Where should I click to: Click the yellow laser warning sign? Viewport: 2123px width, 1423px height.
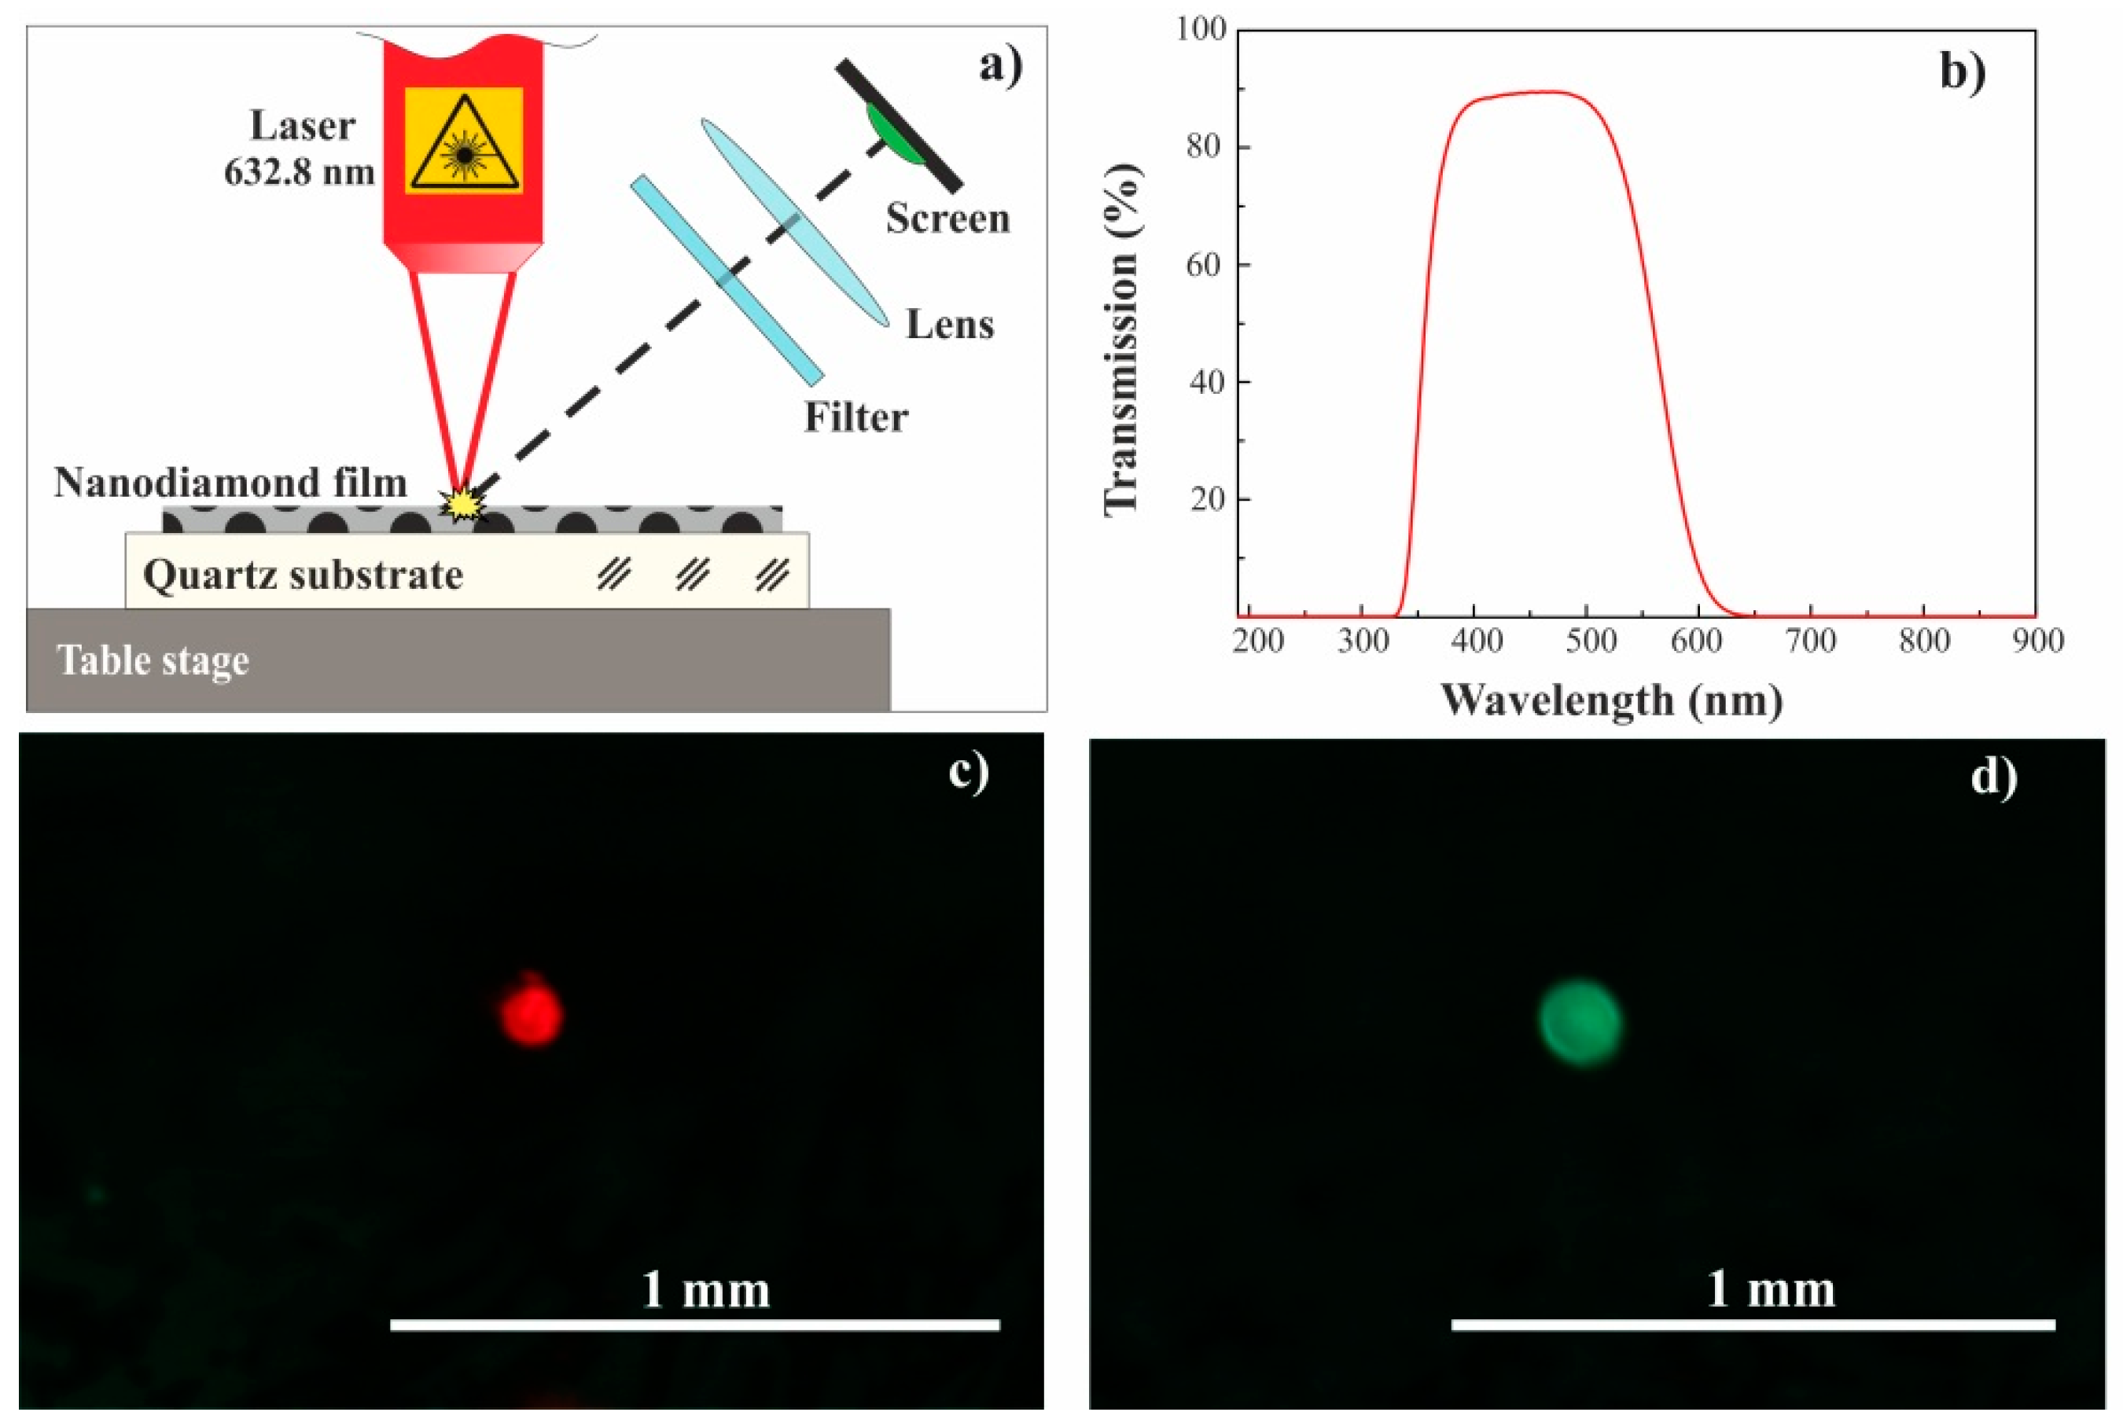(464, 141)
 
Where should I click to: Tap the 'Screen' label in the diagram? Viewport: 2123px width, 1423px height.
(947, 219)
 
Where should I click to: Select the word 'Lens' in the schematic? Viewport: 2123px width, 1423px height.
(949, 325)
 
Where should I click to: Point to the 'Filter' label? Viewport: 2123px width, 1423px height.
(855, 417)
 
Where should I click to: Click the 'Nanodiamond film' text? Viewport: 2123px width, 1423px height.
(230, 483)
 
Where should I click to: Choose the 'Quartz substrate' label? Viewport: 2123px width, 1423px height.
(304, 575)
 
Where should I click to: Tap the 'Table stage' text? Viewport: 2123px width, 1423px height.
(153, 660)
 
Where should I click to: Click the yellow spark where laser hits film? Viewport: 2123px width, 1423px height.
(463, 505)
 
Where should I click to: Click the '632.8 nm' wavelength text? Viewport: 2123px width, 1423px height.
(300, 171)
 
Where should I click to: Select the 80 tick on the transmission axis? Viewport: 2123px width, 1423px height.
(1205, 146)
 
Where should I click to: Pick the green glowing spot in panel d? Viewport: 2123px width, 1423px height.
(1580, 1021)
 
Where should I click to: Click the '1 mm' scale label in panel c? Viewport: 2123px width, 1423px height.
(705, 1289)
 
